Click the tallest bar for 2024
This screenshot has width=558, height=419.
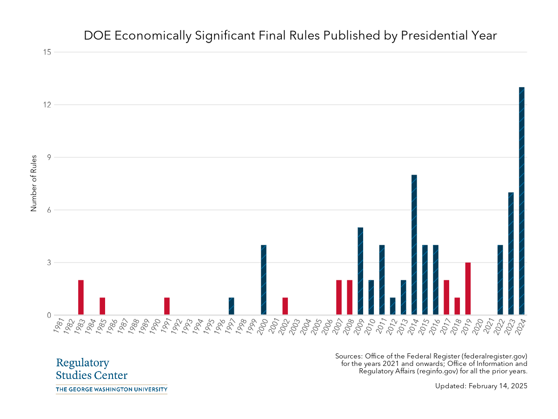pyautogui.click(x=521, y=201)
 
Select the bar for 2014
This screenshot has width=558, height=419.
pyautogui.click(x=414, y=245)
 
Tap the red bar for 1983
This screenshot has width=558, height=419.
pyautogui.click(x=81, y=297)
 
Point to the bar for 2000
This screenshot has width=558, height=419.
pyautogui.click(x=264, y=280)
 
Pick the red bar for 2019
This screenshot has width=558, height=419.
pyautogui.click(x=468, y=289)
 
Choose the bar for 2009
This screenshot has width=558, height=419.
pyautogui.click(x=360, y=271)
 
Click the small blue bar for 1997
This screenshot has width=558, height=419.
pyautogui.click(x=232, y=306)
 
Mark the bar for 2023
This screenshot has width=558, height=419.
pyautogui.click(x=511, y=254)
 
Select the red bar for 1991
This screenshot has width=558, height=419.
pyautogui.click(x=167, y=306)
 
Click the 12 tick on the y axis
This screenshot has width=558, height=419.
pyautogui.click(x=46, y=105)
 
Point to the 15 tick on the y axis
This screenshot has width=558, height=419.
pyautogui.click(x=46, y=52)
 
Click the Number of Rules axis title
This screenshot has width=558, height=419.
pyautogui.click(x=33, y=184)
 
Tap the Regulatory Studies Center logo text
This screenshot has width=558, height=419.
pyautogui.click(x=92, y=369)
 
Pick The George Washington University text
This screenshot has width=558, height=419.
pyautogui.click(x=111, y=389)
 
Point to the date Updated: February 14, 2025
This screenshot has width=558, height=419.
pyautogui.click(x=481, y=386)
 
